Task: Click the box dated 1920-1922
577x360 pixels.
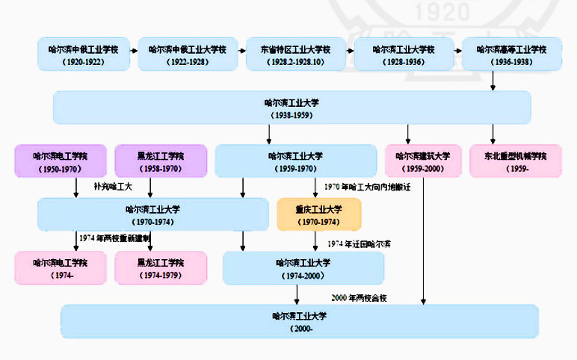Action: coord(84,54)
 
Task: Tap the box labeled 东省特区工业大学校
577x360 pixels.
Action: coord(292,54)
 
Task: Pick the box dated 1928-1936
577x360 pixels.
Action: coord(404,54)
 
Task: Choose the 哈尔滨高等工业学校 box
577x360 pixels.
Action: coord(511,54)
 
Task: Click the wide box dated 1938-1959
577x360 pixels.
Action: coord(291,108)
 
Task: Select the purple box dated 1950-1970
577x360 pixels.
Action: coord(61,162)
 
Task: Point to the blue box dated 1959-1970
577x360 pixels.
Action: coord(295,162)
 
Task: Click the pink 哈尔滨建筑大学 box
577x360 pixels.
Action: coord(423,162)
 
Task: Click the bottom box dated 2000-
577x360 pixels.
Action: coord(300,321)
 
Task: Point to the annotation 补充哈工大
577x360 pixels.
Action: coord(112,186)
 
